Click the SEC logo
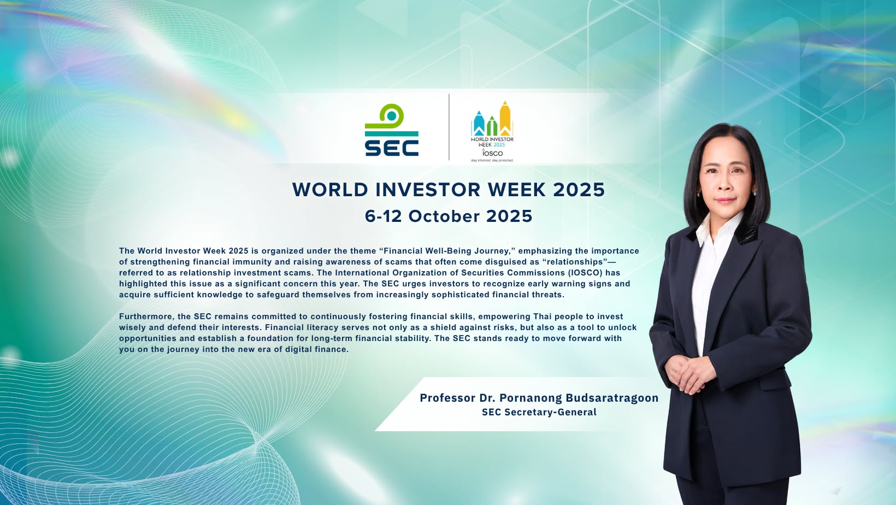coord(392,130)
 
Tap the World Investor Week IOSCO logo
coord(492,132)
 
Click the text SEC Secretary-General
coord(539,412)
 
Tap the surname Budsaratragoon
coord(612,398)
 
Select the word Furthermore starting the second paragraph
coord(145,316)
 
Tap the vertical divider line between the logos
coord(449,127)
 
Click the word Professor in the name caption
coord(447,398)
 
